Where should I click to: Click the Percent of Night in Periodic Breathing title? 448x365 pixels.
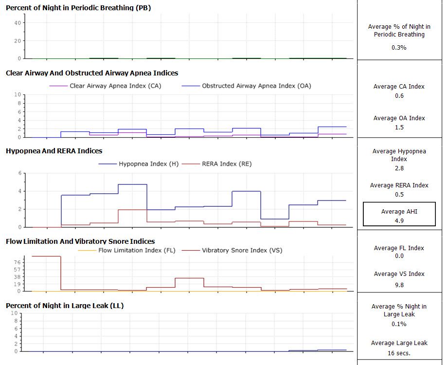78,8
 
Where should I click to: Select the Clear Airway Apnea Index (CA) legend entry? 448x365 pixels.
115,86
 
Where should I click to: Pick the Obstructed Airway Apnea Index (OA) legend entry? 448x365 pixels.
256,86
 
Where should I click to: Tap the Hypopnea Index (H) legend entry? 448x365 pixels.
148,164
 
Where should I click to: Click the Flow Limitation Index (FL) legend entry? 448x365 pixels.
137,251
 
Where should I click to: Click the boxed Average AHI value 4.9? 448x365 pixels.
399,220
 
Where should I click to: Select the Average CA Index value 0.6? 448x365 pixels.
399,96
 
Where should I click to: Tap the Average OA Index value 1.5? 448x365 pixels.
399,128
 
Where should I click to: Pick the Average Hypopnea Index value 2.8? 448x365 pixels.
399,168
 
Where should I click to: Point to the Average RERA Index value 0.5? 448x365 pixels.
399,195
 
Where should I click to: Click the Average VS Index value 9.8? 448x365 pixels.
399,285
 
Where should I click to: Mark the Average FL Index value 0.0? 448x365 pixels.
399,257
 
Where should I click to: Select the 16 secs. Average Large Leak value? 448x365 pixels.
399,353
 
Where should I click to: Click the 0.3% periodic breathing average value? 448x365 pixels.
399,48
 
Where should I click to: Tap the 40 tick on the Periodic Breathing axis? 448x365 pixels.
17,23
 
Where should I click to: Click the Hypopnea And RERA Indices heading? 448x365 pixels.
54,151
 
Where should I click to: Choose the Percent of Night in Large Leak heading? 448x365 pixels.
65,306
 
